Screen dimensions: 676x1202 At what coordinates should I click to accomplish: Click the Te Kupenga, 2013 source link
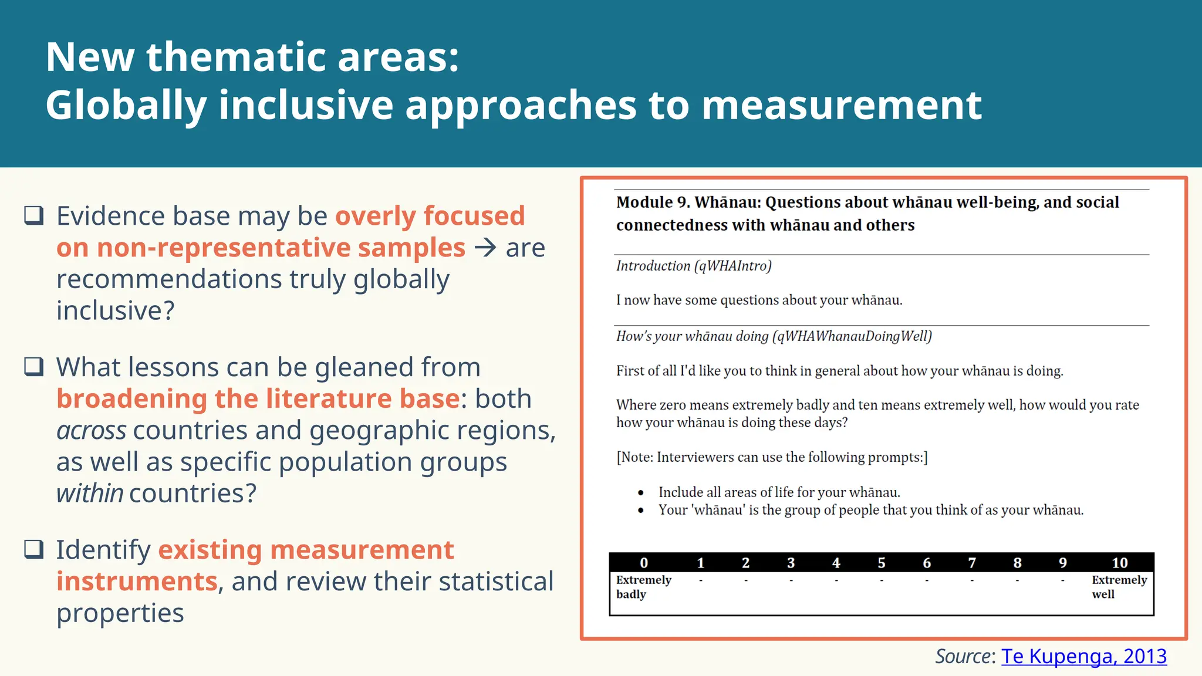[x=1083, y=656]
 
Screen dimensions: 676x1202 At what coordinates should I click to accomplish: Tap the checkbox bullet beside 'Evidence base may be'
[x=34, y=215]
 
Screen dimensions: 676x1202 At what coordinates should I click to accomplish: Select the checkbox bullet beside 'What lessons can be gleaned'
[x=34, y=367]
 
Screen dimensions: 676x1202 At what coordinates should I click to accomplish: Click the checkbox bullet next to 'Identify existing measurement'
[x=34, y=549]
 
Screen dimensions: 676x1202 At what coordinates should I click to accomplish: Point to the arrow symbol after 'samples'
[x=485, y=248]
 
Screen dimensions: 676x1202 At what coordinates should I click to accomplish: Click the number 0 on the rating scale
[x=644, y=563]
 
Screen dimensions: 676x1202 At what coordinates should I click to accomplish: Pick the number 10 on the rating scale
[x=1119, y=563]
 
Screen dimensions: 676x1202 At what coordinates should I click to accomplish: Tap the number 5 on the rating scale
[x=882, y=563]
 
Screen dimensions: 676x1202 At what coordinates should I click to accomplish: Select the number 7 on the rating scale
[x=972, y=563]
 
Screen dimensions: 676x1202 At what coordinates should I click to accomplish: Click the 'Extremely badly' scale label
[x=643, y=587]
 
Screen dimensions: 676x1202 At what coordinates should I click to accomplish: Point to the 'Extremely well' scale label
[x=1119, y=587]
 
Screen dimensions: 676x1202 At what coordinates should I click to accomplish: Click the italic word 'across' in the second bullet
[x=91, y=431]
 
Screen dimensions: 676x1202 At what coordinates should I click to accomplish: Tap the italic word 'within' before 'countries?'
[x=90, y=494]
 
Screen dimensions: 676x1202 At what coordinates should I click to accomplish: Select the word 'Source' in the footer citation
[x=963, y=656]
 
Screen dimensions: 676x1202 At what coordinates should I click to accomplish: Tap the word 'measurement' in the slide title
[x=842, y=106]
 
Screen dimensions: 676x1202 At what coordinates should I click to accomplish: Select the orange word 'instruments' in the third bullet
[x=137, y=582]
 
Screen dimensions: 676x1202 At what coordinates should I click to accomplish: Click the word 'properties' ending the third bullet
[x=120, y=613]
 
